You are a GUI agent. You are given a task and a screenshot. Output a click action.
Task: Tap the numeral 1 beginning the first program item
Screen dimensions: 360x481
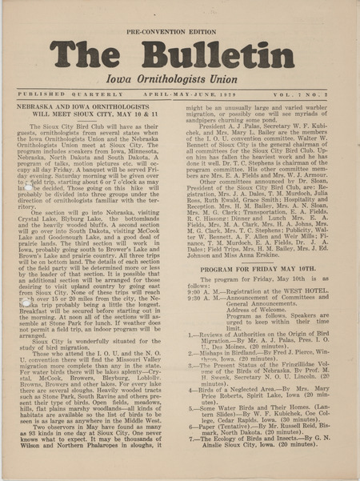point(191,334)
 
